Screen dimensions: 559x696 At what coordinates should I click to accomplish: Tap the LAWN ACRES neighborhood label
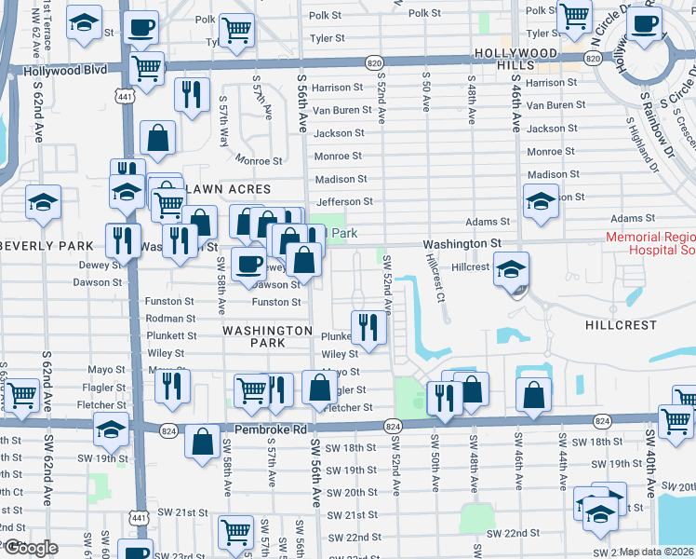click(x=228, y=189)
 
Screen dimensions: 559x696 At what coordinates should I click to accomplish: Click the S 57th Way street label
click(x=223, y=115)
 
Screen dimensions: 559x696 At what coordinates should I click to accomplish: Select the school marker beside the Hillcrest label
click(x=511, y=270)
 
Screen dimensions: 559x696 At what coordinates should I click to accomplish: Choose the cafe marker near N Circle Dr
click(x=649, y=24)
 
